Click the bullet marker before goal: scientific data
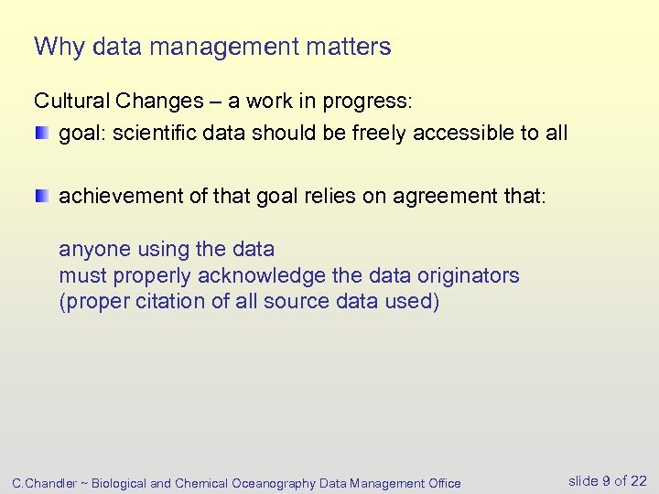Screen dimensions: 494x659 (42, 134)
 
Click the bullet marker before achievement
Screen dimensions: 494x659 (42, 196)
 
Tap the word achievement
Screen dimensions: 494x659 (119, 196)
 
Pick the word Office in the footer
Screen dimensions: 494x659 (442, 483)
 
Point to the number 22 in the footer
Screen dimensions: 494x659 (638, 481)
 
